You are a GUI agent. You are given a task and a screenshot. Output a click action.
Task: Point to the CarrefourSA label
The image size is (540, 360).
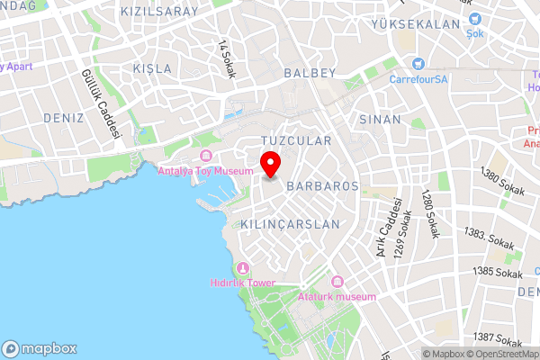click(x=418, y=78)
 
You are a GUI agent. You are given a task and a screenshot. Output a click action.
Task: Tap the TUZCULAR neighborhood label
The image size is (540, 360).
click(x=296, y=140)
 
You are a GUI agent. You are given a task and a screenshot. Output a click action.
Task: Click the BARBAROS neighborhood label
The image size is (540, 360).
click(x=322, y=186)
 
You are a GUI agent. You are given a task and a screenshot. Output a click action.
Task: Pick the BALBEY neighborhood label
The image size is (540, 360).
click(x=309, y=72)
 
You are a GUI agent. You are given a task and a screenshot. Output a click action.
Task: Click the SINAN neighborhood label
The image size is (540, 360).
click(x=373, y=119)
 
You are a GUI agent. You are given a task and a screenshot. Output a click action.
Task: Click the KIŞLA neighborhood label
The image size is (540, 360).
click(x=150, y=68)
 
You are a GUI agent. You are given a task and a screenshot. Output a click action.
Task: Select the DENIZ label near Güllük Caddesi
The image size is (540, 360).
click(x=63, y=118)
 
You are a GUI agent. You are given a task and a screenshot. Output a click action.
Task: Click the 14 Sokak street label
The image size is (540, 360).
click(x=225, y=59)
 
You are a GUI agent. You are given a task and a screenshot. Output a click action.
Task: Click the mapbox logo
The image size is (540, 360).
click(x=40, y=348)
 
